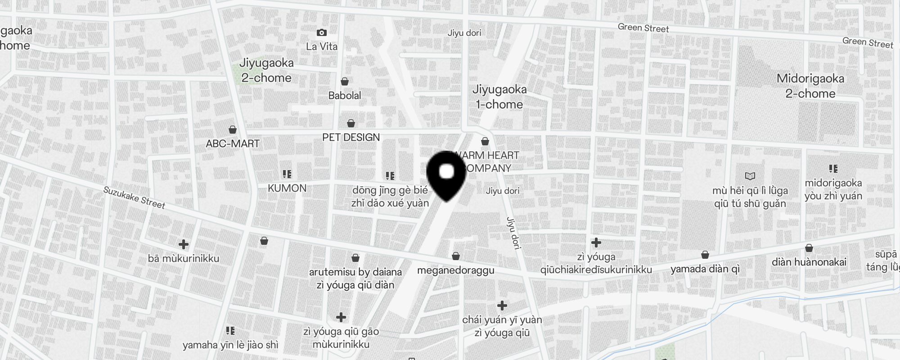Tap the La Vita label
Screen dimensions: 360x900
pos(321,46)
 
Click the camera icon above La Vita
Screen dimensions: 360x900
pos(321,32)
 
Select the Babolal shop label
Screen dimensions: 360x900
pos(345,95)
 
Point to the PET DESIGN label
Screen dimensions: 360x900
pos(351,137)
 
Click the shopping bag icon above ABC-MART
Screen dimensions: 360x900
pos(233,130)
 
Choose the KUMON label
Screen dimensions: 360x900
pos(287,188)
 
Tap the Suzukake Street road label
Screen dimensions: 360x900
pos(134,198)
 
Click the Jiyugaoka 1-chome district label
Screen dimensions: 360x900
pos(499,97)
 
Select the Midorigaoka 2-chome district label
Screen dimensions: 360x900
pos(810,86)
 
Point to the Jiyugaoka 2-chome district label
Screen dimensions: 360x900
pos(266,70)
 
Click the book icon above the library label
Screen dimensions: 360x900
pos(750,176)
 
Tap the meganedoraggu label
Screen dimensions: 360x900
pos(455,270)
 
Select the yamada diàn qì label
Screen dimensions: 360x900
pos(705,269)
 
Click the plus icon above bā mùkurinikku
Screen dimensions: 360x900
pos(183,244)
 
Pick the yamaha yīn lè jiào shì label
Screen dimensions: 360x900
pos(230,345)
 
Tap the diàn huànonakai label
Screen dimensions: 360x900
pos(809,262)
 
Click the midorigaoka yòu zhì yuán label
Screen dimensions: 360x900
pos(833,189)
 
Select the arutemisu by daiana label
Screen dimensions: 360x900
pos(355,272)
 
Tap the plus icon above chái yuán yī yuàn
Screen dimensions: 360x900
pos(502,306)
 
